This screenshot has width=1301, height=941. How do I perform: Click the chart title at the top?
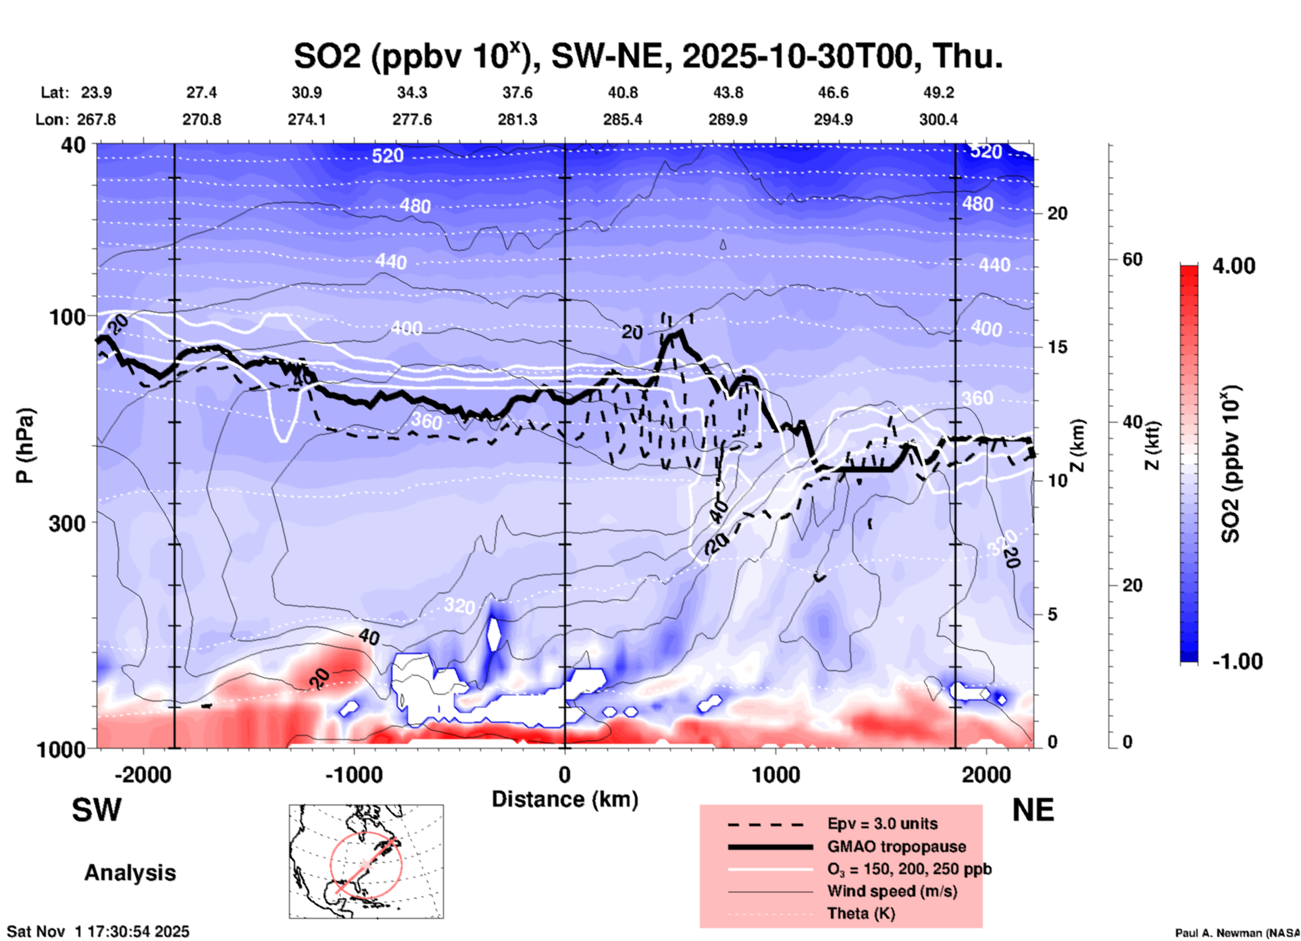648,55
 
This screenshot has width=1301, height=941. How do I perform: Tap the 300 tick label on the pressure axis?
68,523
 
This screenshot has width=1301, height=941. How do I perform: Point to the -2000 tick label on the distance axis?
143,774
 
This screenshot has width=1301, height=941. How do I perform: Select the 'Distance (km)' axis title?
565,799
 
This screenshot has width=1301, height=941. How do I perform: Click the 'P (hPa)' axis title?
24,446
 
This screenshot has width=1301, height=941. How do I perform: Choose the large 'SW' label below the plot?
97,810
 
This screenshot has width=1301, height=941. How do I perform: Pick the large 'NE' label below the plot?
1033,810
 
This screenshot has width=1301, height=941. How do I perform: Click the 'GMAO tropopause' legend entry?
896,846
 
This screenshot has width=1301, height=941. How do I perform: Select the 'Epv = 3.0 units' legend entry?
882,824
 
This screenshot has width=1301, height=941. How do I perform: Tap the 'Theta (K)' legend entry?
861,913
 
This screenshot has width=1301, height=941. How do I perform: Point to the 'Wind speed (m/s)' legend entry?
892,891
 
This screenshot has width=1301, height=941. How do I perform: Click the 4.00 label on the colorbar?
1233,266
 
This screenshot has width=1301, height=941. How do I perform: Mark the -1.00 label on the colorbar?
1237,661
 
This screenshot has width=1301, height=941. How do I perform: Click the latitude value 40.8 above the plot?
622,92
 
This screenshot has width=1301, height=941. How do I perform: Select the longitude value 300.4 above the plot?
938,119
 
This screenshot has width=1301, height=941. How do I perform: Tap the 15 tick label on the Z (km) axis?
1057,347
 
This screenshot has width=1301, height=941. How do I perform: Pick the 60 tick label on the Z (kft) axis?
1132,259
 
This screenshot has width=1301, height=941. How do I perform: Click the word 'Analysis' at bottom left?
130,873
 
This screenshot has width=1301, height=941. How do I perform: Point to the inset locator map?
366,861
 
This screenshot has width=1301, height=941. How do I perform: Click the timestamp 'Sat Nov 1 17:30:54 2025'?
99,932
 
